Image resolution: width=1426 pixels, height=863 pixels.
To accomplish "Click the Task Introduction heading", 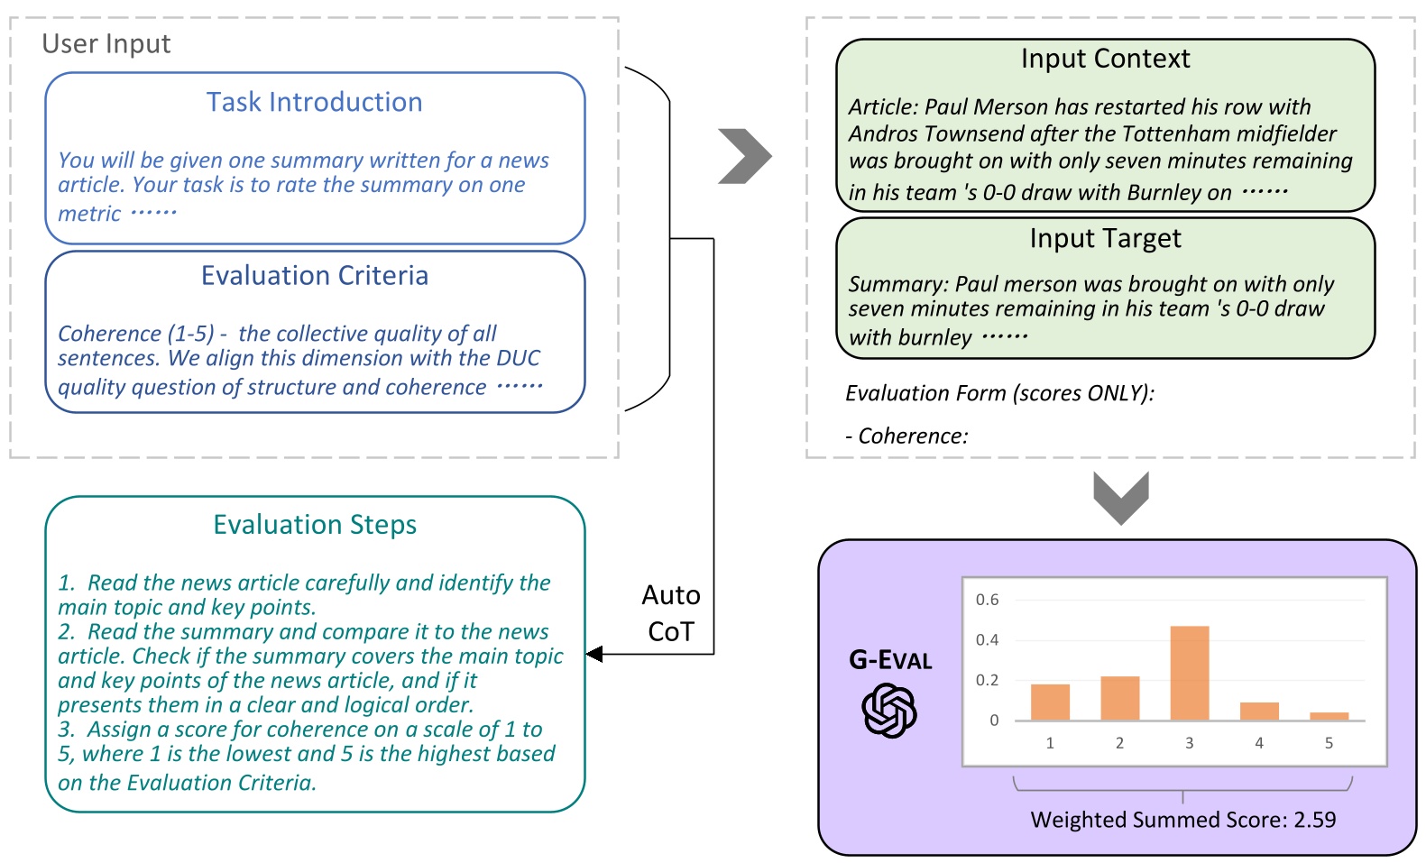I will click(314, 102).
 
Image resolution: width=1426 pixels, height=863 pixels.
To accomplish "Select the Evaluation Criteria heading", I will click(314, 275).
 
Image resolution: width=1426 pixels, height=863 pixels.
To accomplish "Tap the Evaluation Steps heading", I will click(314, 524).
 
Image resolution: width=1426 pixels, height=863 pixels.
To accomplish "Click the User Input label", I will click(106, 43).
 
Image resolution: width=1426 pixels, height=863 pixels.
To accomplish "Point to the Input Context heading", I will click(1105, 59).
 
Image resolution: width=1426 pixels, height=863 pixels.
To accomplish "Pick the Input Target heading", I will click(1105, 238).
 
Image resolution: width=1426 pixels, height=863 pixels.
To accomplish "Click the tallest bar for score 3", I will click(1189, 673).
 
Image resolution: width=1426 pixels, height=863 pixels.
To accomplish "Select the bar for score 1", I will click(1050, 702).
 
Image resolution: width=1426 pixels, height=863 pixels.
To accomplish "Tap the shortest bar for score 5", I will click(1329, 716).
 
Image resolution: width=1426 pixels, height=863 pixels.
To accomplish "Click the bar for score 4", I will click(1259, 711).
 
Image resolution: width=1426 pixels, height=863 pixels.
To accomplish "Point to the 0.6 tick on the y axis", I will click(988, 600).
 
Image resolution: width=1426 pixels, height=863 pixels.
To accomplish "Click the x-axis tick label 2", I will click(1119, 743).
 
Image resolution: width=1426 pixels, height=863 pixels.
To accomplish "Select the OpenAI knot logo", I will click(889, 710).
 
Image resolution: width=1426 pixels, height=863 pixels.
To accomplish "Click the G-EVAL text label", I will click(889, 660).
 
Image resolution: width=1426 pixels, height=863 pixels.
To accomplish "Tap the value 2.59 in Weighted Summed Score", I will click(1314, 820).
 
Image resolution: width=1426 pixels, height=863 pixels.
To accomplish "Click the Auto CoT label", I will click(671, 613).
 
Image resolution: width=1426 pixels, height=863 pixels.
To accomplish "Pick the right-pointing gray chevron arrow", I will click(745, 156).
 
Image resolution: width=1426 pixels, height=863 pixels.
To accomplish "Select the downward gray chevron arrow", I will click(1120, 498).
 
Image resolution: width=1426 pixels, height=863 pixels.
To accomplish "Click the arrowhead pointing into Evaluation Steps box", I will click(594, 654).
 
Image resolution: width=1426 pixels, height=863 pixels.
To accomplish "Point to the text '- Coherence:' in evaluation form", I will click(906, 436).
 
